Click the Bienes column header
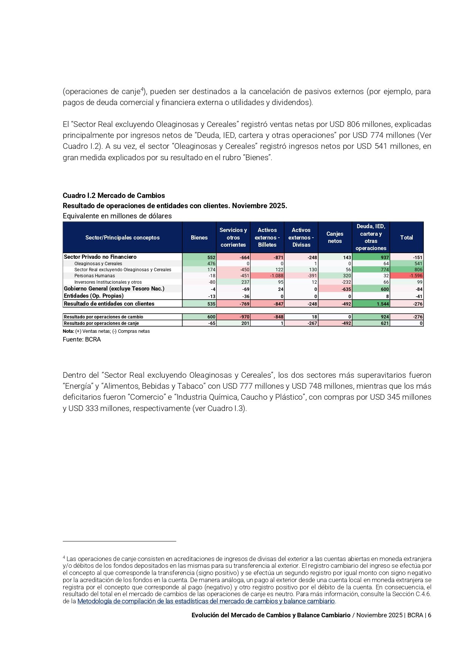pos(199,238)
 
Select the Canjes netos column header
pos(335,238)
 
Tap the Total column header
pos(406,238)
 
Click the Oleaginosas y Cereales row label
pos(98,264)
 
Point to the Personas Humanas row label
pos(94,276)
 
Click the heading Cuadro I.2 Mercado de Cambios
pos(114,196)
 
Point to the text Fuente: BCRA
pos(82,340)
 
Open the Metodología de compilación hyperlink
pos(206,601)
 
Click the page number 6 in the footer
pos(429,615)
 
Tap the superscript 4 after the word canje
pos(142,90)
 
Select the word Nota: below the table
pos(68,331)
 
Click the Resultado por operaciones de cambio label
pos(103,317)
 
